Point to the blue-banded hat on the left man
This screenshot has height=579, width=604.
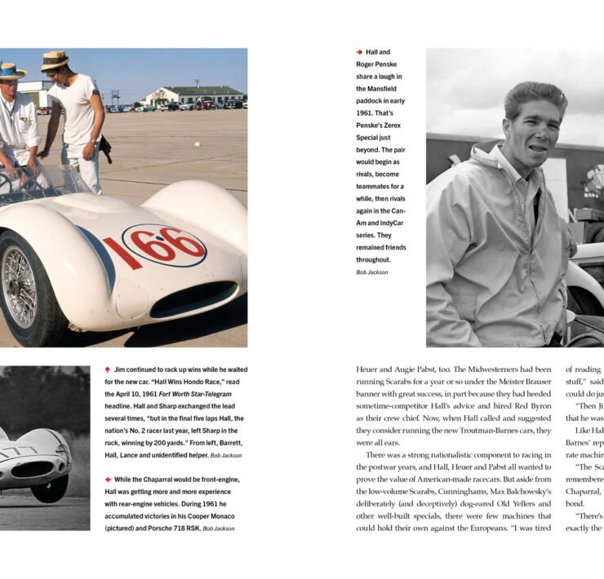11,71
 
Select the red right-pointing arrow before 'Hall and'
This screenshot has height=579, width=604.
359,52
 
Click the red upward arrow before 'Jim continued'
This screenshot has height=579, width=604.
108,369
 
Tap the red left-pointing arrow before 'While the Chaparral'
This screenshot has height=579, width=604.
108,480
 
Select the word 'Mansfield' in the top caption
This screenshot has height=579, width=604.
380,88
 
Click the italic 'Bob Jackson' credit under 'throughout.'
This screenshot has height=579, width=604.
372,272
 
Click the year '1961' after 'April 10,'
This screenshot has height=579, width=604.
152,394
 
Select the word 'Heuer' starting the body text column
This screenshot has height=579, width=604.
367,369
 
